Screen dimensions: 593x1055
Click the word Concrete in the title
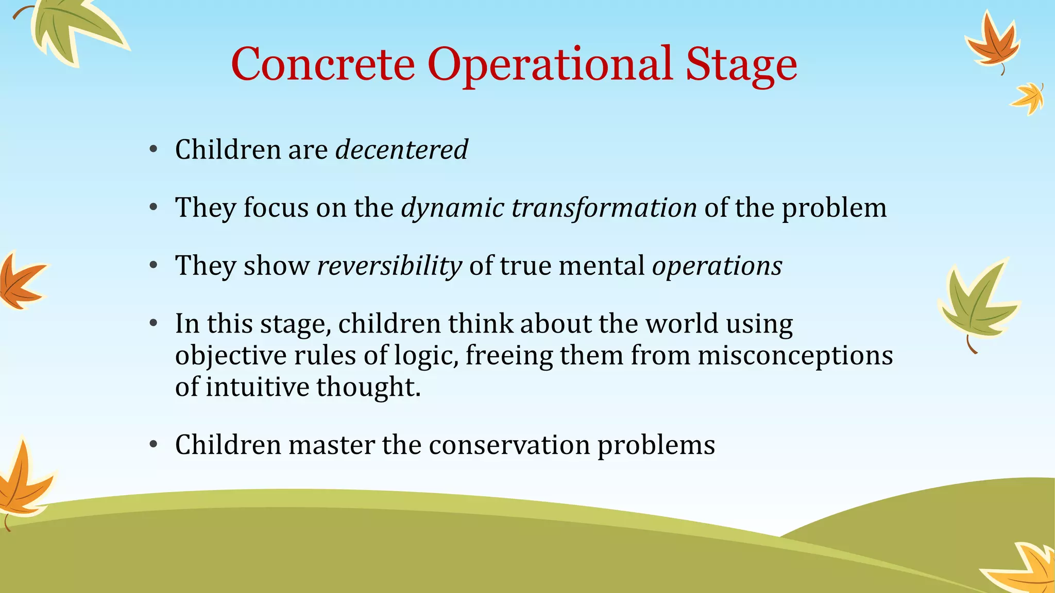(x=323, y=64)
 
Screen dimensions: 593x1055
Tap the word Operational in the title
(x=550, y=64)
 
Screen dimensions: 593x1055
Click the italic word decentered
(x=401, y=150)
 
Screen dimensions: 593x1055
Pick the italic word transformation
(x=604, y=208)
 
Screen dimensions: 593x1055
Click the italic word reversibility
(x=389, y=266)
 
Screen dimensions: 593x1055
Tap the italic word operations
(x=717, y=266)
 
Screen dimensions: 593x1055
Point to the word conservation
(x=509, y=445)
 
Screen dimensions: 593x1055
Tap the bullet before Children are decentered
(x=153, y=150)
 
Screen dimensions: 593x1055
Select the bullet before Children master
(x=153, y=445)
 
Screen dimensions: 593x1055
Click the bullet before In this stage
(x=153, y=324)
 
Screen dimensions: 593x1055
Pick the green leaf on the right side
(x=976, y=304)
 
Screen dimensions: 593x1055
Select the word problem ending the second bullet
(x=834, y=208)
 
